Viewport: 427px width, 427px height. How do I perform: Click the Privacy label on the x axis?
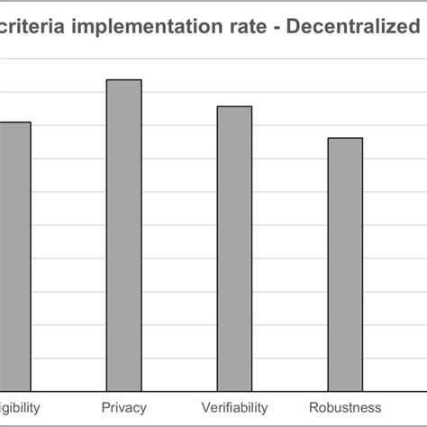[x=124, y=407]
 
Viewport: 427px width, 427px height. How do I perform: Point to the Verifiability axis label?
[x=234, y=407]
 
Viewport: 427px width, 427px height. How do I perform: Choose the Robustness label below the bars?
[x=345, y=407]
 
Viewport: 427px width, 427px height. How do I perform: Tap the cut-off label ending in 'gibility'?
[x=19, y=407]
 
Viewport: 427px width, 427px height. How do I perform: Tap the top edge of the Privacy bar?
[x=124, y=80]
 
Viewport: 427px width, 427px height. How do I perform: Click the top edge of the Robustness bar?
[x=345, y=138]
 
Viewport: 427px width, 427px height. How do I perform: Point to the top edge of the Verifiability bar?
[x=234, y=106]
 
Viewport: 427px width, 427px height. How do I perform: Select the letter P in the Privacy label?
[x=105, y=407]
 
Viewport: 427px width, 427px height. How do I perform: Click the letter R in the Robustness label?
[x=313, y=407]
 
